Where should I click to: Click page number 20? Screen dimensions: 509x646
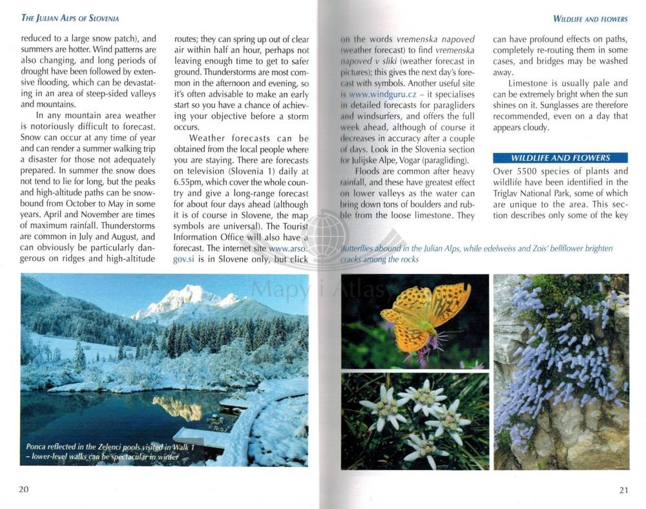pyautogui.click(x=23, y=489)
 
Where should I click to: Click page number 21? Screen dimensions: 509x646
pyautogui.click(x=623, y=490)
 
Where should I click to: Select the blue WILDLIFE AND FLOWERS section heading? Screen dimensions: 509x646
pyautogui.click(x=560, y=158)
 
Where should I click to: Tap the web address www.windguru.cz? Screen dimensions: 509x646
pyautogui.click(x=378, y=94)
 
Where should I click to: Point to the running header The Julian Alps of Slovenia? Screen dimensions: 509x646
pyautogui.click(x=70, y=18)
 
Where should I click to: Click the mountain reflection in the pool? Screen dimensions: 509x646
pyautogui.click(x=178, y=407)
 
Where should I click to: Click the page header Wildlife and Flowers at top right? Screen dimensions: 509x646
pyautogui.click(x=590, y=19)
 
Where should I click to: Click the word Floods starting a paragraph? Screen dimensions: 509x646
pyautogui.click(x=368, y=171)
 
